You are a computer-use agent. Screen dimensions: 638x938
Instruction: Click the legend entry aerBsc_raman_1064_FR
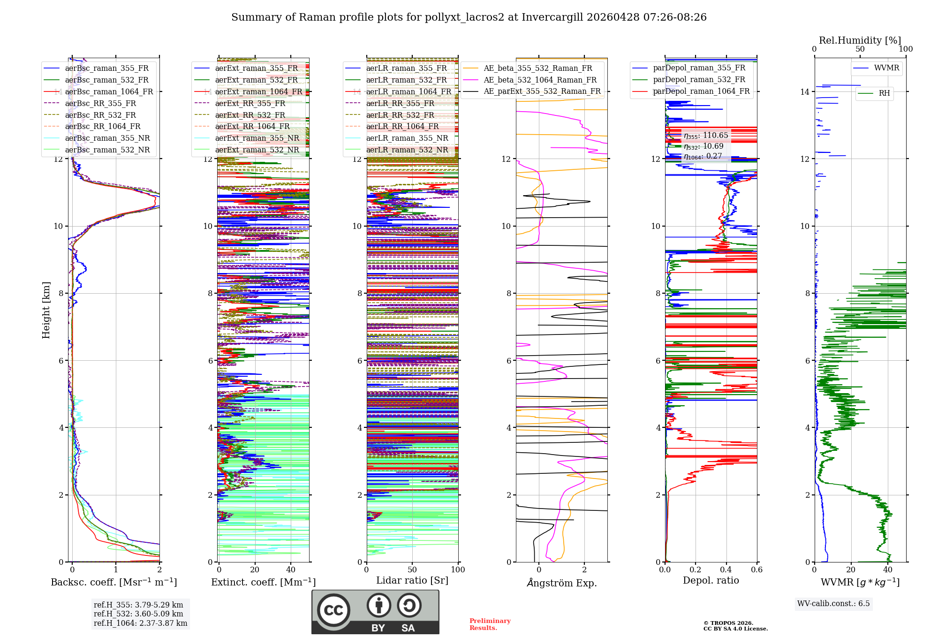109,91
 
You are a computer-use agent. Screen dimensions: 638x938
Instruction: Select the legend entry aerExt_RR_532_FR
250,115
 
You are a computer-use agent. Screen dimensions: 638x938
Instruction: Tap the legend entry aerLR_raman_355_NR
407,138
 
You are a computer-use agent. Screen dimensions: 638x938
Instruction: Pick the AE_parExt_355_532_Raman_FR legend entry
542,91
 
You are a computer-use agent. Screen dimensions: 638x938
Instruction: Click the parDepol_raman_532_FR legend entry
699,79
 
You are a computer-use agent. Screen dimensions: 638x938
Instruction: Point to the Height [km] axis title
46,310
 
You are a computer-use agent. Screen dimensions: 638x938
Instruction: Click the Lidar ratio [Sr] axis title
412,580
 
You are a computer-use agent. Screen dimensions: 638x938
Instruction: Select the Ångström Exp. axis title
562,583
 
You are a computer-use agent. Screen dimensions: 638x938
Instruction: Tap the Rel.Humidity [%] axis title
860,40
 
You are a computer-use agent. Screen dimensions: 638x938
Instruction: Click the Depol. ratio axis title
711,580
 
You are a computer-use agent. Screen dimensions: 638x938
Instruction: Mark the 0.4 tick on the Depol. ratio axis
726,570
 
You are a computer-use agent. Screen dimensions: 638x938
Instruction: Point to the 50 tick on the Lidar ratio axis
412,570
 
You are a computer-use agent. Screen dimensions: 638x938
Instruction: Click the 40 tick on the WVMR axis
887,570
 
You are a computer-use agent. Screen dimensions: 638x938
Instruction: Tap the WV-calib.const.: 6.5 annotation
833,603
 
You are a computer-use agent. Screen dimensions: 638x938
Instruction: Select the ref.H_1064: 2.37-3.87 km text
140,623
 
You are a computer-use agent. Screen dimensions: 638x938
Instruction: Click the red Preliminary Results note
490,624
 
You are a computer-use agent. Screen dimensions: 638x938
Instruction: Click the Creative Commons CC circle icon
334,610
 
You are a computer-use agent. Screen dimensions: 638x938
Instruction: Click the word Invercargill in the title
552,17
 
